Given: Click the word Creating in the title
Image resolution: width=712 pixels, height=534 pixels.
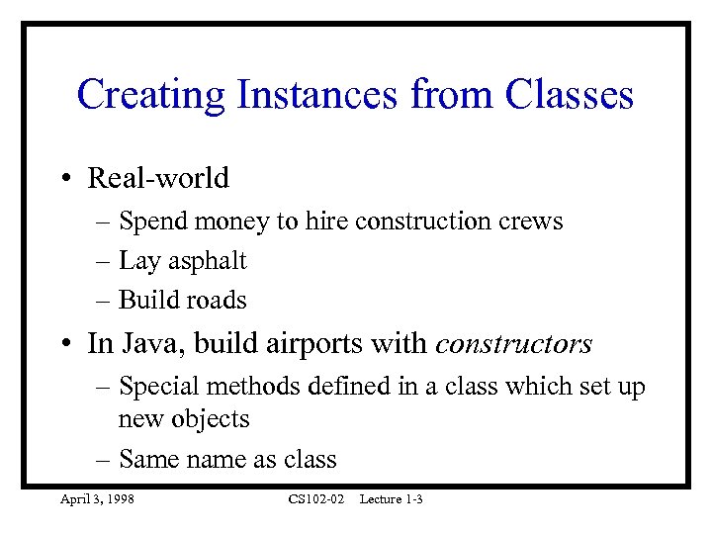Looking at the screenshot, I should [150, 95].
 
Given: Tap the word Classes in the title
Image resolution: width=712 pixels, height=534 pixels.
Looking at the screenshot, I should [569, 95].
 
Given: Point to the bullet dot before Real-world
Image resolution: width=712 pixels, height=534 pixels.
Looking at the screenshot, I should [63, 179].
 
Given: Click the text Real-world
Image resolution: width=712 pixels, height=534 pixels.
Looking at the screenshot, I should [158, 179].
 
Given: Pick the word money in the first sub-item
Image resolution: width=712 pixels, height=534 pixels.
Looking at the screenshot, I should [235, 222].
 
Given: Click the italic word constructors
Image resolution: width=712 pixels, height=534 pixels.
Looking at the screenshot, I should [513, 344].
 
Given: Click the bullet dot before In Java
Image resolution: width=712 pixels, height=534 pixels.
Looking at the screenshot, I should [63, 344].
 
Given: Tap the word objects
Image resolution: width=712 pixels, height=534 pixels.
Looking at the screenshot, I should [213, 419].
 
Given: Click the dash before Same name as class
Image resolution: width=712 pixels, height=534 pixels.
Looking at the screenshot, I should [105, 460].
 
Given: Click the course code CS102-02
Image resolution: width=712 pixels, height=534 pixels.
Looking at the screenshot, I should [315, 500].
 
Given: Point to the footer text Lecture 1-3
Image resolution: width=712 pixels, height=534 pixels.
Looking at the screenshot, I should [391, 500].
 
